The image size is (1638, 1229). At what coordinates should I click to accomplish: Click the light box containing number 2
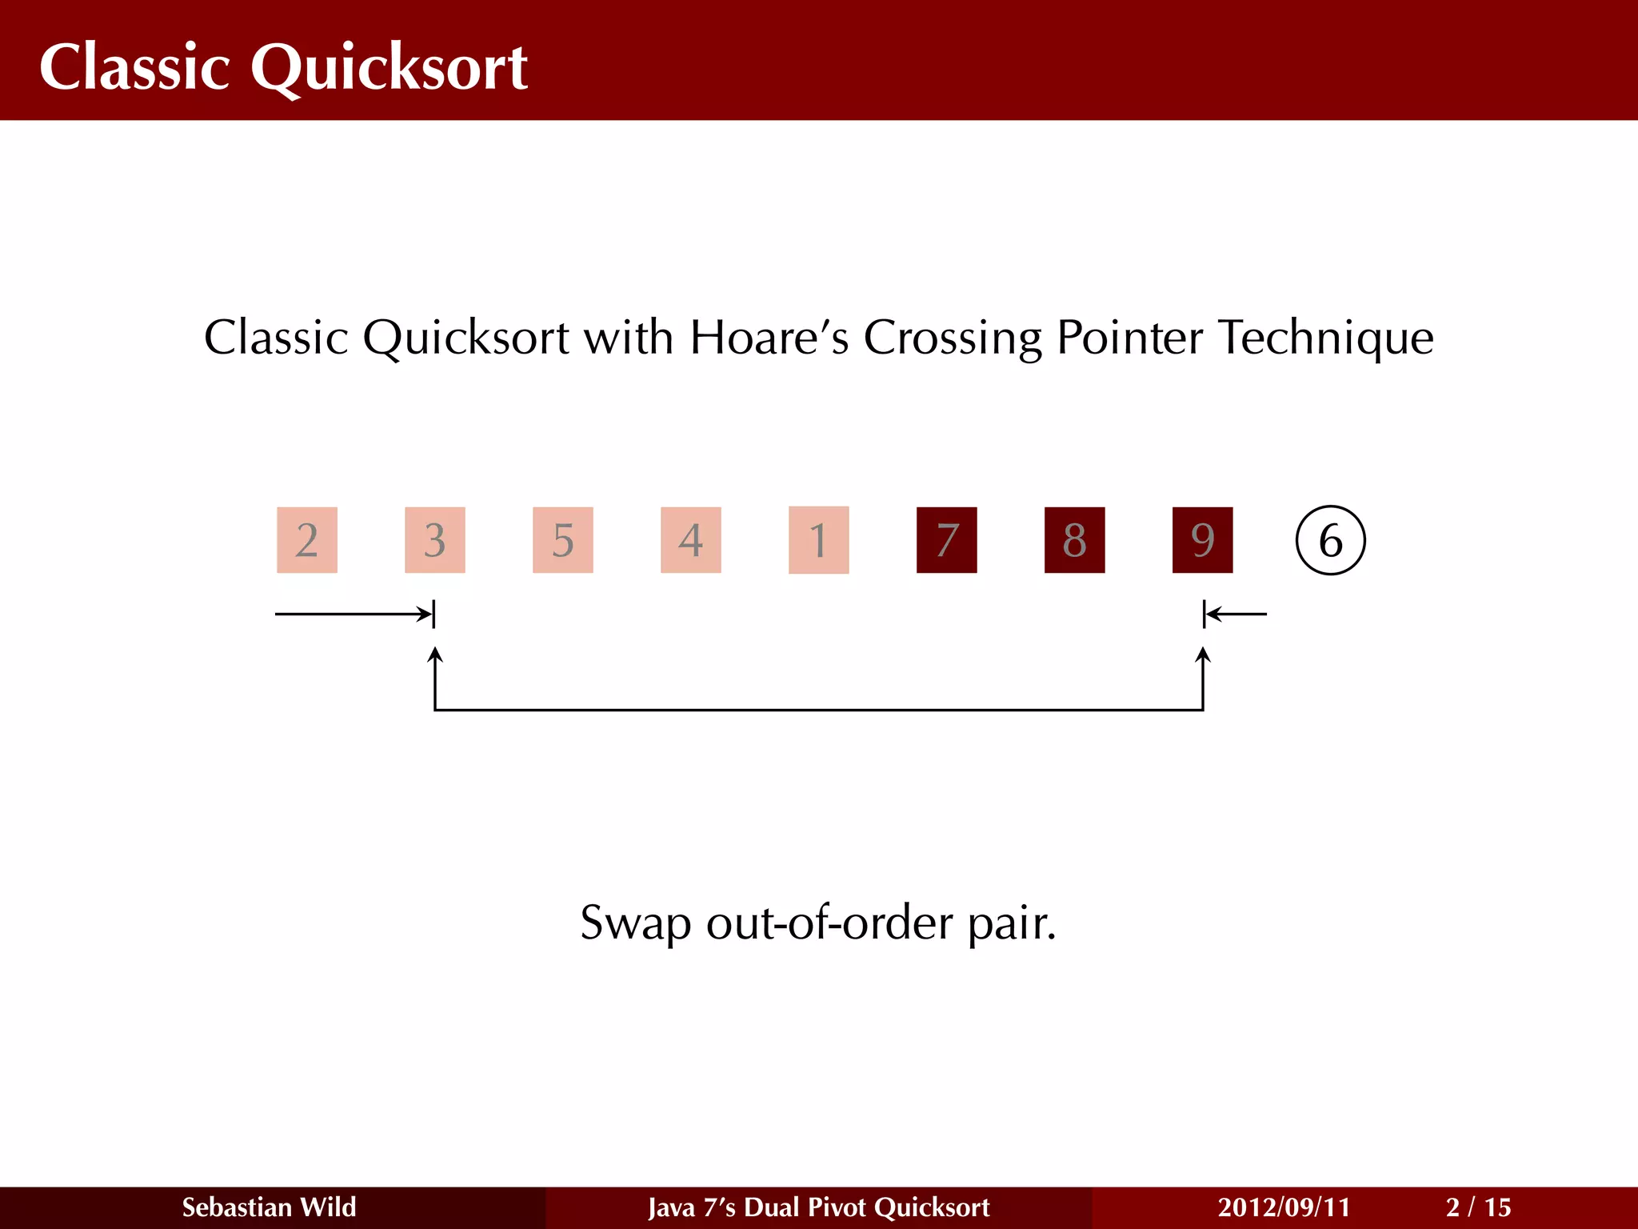307,540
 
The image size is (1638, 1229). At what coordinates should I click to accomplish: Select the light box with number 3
435,540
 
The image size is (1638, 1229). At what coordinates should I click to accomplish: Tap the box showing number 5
563,540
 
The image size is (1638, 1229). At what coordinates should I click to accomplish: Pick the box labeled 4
691,540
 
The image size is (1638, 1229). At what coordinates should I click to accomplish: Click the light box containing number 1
818,540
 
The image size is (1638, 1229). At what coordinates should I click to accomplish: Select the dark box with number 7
947,540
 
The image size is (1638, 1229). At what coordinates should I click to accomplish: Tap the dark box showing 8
1075,540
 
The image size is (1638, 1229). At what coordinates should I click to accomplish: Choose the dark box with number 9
1203,540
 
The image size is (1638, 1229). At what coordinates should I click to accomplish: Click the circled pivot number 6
1330,540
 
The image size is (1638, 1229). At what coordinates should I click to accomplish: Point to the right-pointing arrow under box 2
352,614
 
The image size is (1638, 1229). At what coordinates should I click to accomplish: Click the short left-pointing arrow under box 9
1236,614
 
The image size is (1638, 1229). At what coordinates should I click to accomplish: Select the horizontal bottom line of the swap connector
819,710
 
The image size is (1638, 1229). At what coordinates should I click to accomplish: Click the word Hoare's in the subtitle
769,337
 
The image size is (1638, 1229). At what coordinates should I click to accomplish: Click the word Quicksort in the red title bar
389,67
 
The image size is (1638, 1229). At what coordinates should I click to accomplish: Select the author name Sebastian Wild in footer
269,1207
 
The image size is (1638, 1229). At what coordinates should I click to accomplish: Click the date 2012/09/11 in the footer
1284,1207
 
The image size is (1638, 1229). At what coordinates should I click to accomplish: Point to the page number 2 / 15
1478,1207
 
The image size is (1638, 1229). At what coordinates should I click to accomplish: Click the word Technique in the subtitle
1325,337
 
